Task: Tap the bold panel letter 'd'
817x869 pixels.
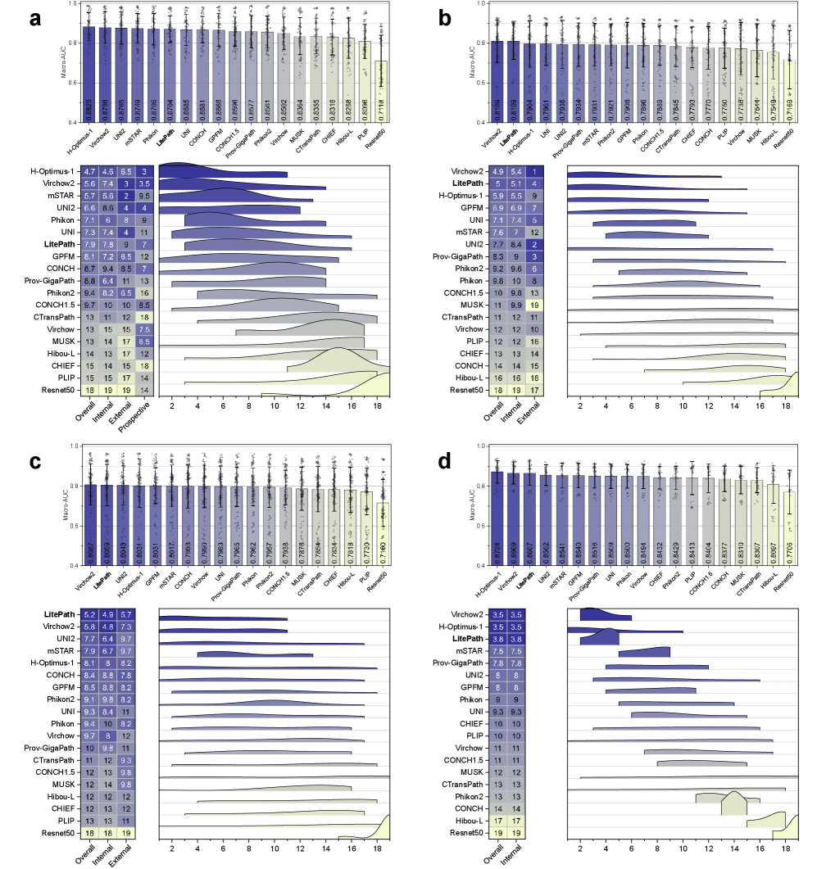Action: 444,463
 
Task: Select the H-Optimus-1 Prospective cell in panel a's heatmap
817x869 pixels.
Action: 144,171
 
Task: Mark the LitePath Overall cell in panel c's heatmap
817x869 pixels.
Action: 89,614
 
